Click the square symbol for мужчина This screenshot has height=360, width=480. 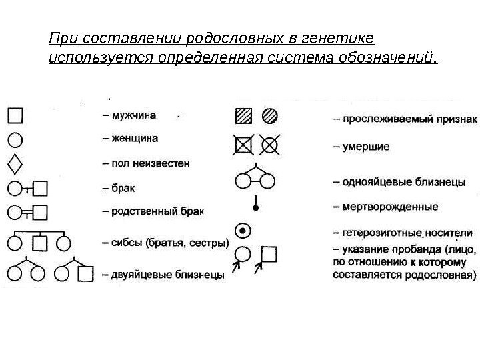pos(15,117)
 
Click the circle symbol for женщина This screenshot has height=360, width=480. pos(15,140)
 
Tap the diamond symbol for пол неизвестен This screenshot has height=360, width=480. pos(15,163)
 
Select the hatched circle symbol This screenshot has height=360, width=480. pos(270,117)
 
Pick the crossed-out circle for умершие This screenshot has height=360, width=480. pos(270,143)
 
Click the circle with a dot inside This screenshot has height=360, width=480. pos(245,231)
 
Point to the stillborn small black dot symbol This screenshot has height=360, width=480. pos(256,207)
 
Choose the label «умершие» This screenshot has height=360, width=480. pos(364,145)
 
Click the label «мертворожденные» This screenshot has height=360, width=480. pos(387,207)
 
